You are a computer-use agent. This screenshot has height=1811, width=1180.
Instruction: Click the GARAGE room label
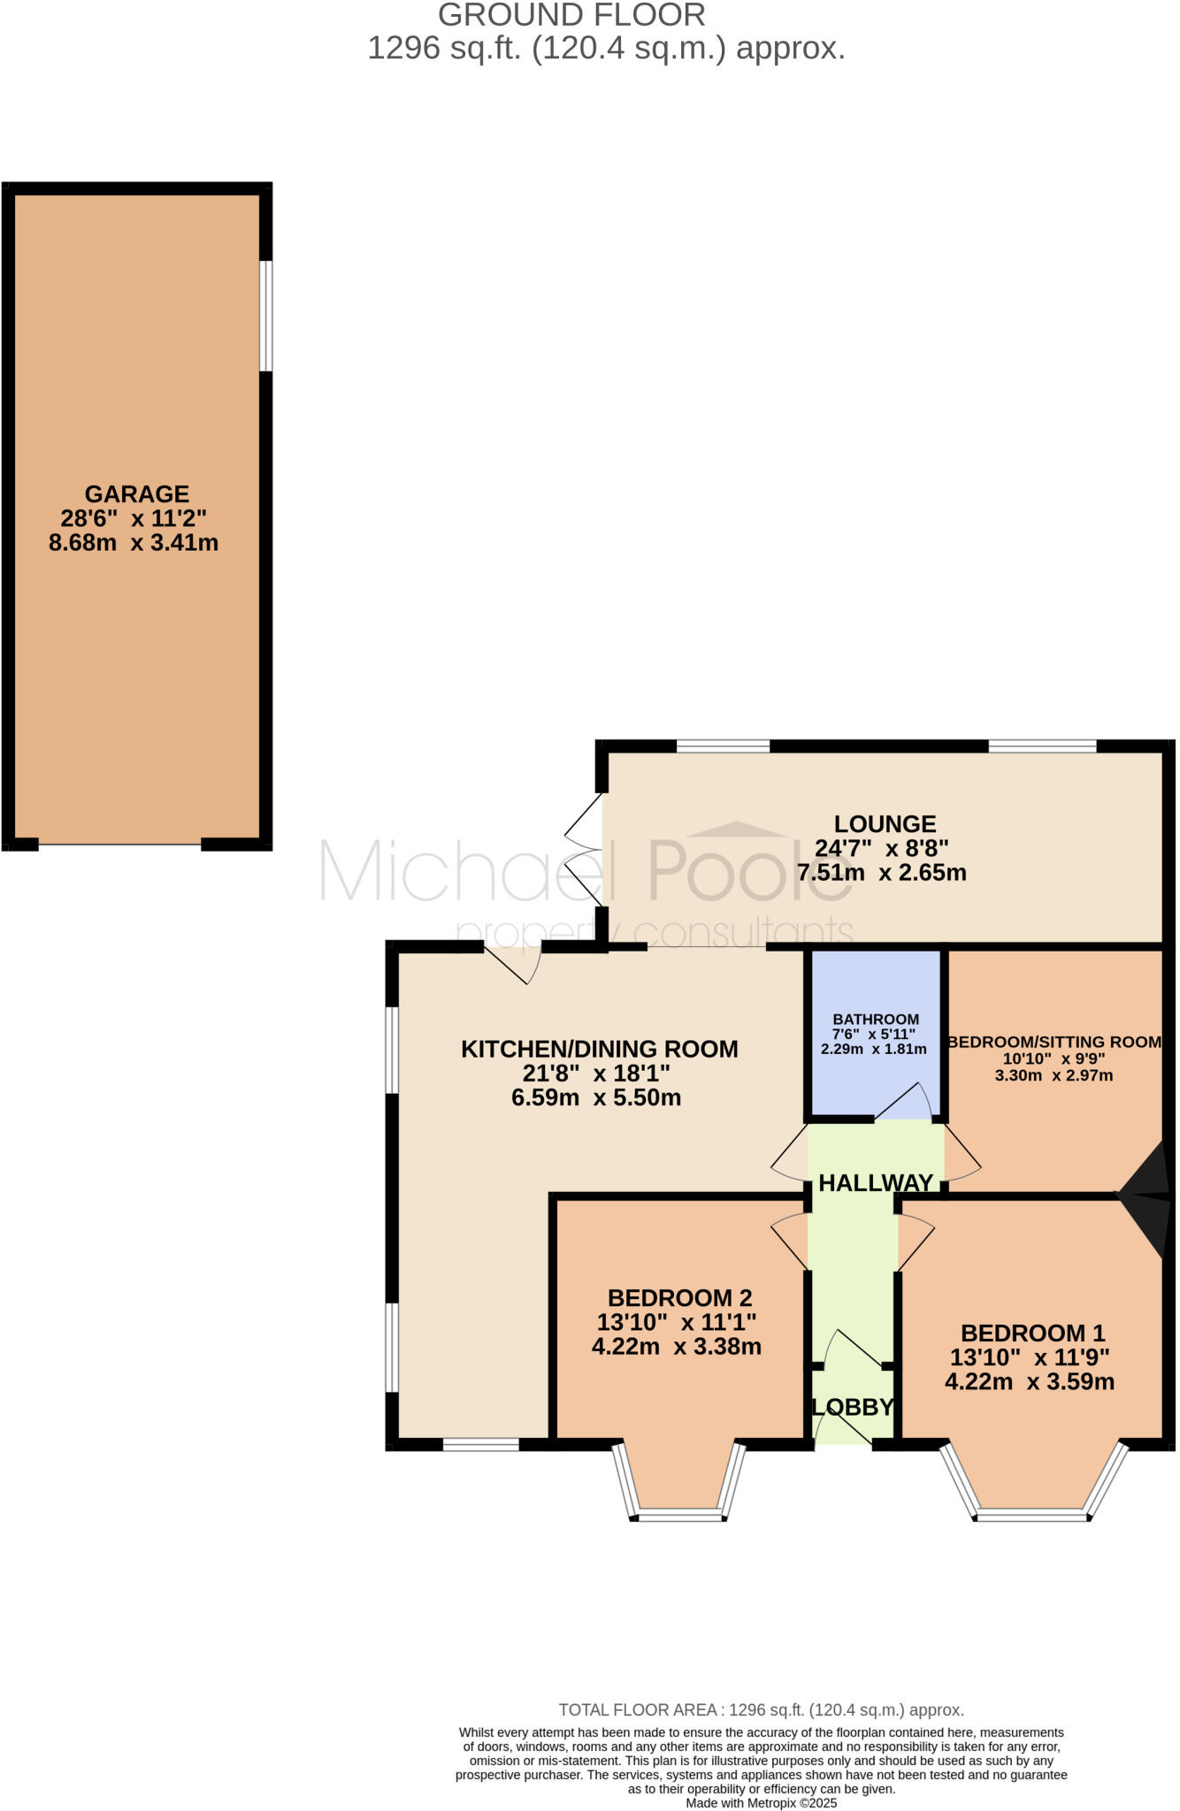137,493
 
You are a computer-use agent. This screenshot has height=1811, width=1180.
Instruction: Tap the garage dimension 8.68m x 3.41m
134,543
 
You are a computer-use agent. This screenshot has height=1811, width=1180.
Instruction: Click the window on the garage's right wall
265,316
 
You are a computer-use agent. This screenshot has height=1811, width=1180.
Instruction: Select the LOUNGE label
885,824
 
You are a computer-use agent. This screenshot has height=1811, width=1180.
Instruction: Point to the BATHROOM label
876,1019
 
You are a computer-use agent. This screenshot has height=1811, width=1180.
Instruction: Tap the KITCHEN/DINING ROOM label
599,1050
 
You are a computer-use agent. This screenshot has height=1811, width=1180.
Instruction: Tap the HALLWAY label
876,1183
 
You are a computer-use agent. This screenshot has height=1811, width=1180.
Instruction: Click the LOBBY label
854,1407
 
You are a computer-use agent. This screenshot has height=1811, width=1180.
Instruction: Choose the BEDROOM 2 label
679,1298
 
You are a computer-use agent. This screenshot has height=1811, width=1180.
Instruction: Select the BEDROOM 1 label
1032,1333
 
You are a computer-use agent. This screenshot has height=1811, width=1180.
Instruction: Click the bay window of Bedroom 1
1031,1515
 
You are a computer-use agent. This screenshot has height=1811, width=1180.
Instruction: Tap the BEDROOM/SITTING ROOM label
1054,1042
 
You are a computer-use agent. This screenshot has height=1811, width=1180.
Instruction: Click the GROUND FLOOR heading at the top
571,15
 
